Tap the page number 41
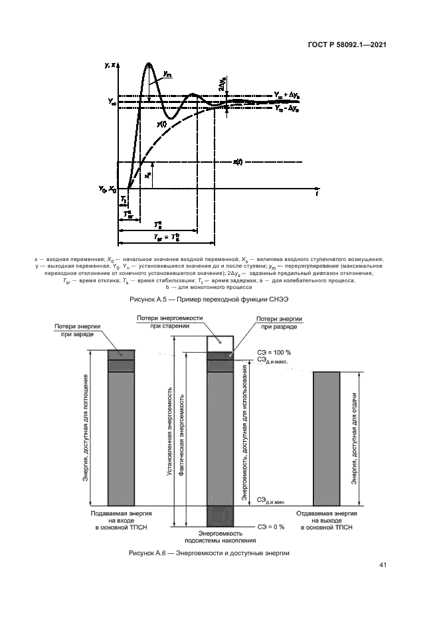click(383, 565)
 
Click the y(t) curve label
click(161, 123)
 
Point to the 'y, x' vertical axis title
click(110, 64)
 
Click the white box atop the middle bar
click(220, 343)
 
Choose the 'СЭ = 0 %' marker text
click(271, 527)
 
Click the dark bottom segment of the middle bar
click(220, 516)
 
